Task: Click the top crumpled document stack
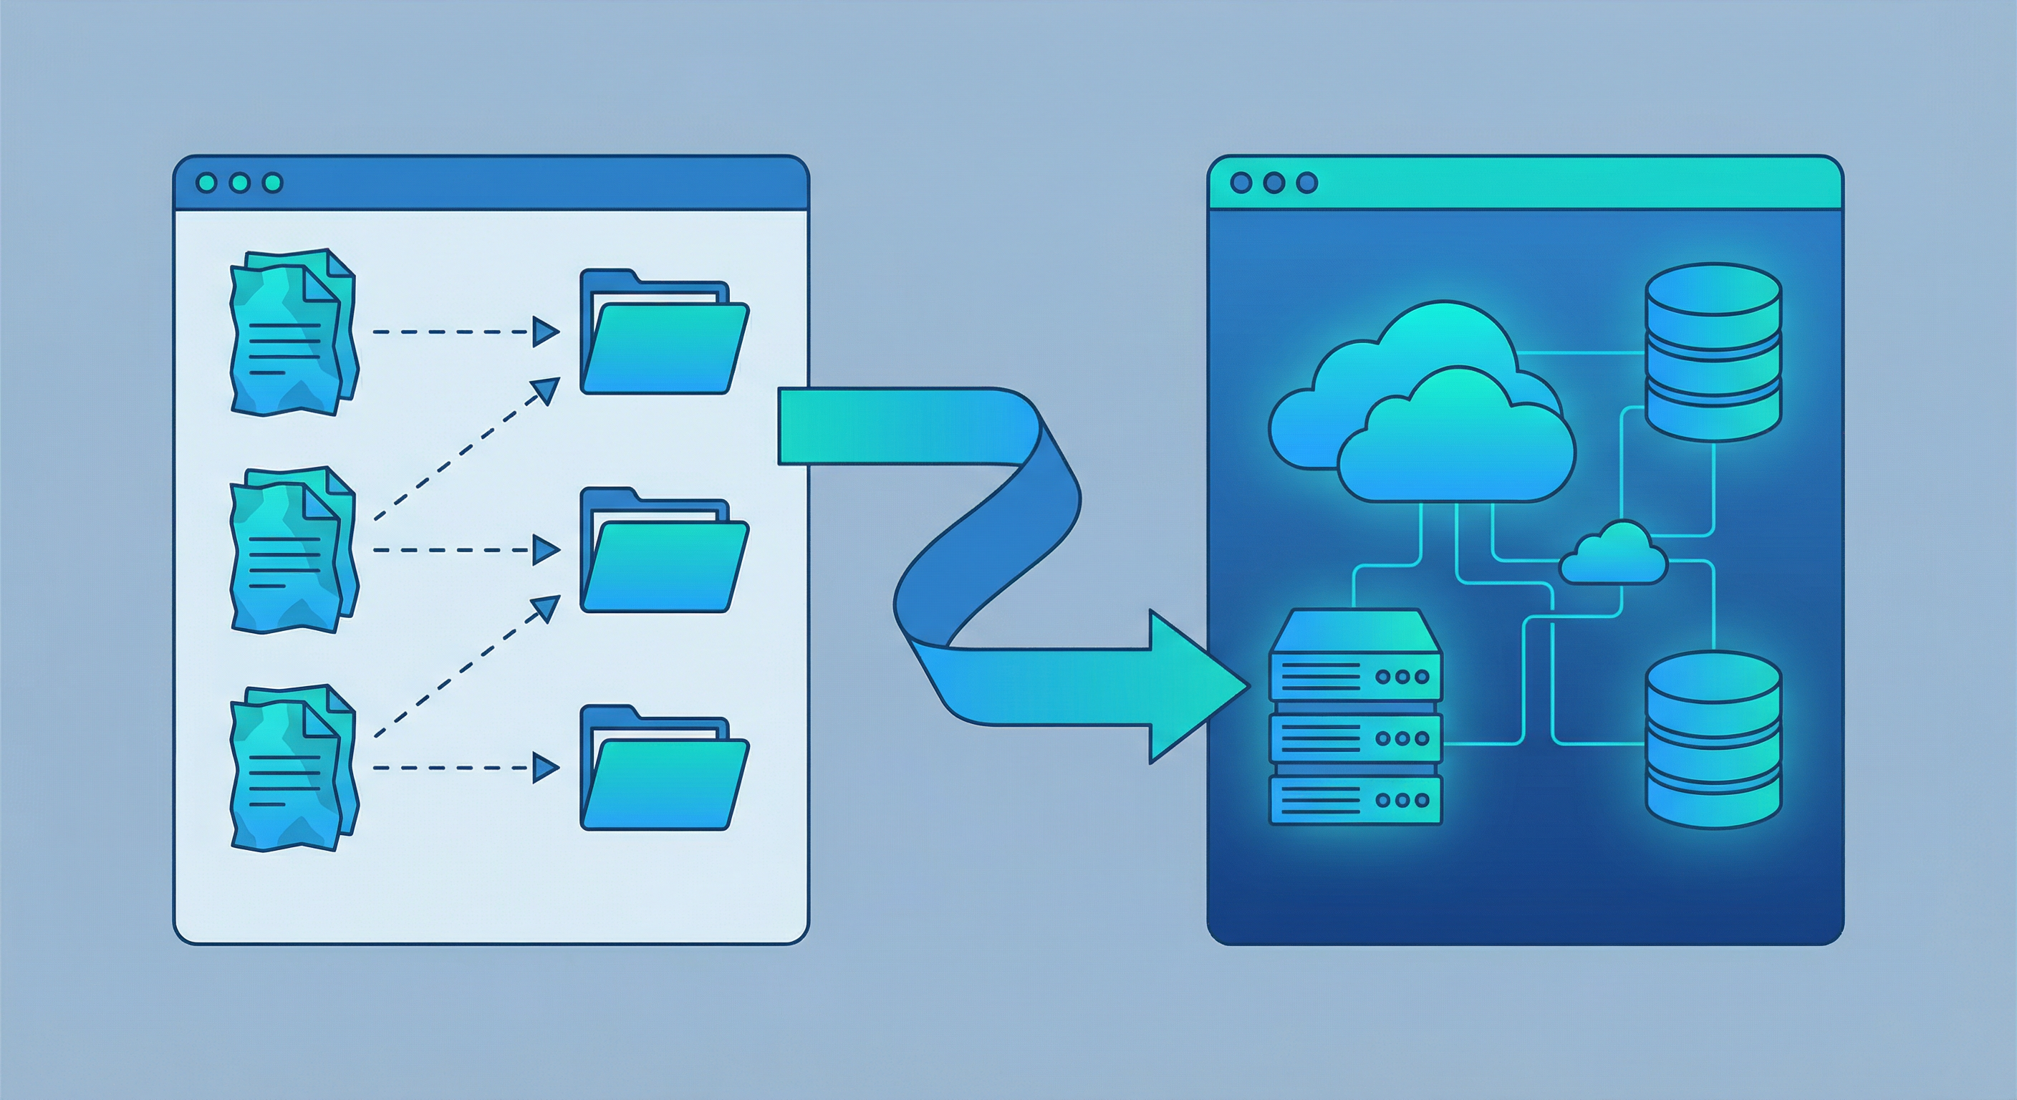click(293, 333)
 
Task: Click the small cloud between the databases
click(1613, 556)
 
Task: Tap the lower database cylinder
click(1713, 740)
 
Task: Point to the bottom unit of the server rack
click(1354, 800)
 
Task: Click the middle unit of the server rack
click(1354, 738)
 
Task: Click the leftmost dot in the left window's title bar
click(207, 183)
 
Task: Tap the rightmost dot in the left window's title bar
click(272, 183)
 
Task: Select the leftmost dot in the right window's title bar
click(1241, 183)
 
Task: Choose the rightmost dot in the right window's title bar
click(1306, 183)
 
